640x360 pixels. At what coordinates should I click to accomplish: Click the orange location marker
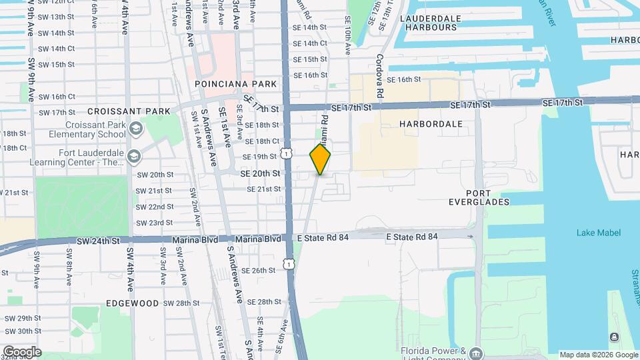pos(321,159)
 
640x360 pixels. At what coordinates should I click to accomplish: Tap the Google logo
pos(22,352)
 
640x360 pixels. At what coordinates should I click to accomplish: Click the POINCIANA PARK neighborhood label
pos(235,85)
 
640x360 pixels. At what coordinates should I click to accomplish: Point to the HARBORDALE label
pos(431,124)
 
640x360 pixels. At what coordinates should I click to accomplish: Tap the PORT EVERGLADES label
pos(479,197)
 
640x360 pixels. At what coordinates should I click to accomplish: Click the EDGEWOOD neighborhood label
pos(132,303)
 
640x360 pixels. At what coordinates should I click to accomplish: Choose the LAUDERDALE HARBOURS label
pos(429,23)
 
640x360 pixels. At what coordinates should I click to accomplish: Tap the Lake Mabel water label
pos(599,233)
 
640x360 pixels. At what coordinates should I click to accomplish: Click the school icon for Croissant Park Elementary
pos(136,128)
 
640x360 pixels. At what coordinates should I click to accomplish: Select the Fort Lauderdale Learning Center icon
pos(134,156)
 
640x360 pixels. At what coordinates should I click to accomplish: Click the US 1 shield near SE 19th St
pos(287,154)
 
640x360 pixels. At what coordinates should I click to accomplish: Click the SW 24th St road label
pos(98,240)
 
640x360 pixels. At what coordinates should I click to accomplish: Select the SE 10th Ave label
pos(347,36)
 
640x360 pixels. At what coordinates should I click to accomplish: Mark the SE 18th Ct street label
pos(261,141)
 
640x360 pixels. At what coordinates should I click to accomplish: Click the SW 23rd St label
pos(154,223)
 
